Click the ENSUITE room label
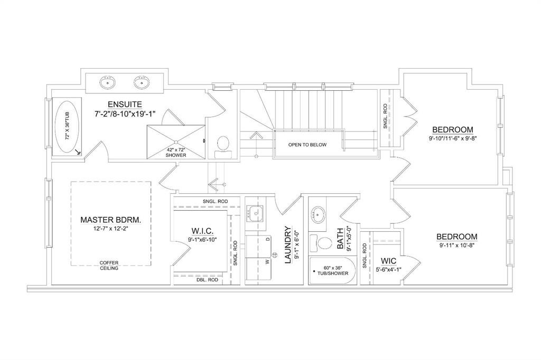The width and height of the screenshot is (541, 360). coord(125,104)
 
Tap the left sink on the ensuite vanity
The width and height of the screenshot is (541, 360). coord(108,82)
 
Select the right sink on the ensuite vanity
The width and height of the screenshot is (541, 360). coord(142,82)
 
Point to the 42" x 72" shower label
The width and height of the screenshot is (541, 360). coord(175,153)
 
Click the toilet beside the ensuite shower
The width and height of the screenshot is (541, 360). coord(223,147)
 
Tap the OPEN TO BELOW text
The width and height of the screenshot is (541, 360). coord(307,145)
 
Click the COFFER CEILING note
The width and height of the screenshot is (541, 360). coord(109,265)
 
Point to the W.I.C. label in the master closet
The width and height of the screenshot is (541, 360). coord(202,230)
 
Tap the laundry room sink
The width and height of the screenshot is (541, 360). coord(255,214)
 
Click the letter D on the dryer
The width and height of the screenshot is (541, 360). coord(267,239)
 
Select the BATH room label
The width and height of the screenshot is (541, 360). coord(340,238)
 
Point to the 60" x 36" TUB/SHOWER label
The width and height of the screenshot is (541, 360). coord(331,270)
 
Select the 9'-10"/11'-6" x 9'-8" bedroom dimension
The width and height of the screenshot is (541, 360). coord(453,139)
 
